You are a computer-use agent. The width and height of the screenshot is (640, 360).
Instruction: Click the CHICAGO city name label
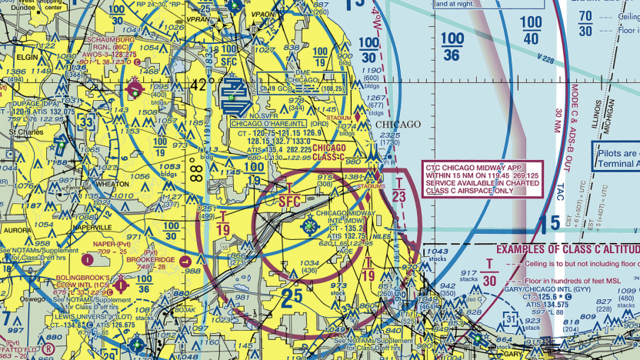click(398, 125)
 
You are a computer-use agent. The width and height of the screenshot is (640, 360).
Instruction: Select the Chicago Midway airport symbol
click(310, 225)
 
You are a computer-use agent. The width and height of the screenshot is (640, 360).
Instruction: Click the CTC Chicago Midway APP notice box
click(482, 178)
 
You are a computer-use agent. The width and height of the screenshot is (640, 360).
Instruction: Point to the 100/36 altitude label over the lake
click(452, 46)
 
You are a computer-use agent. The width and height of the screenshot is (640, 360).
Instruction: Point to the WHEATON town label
click(112, 185)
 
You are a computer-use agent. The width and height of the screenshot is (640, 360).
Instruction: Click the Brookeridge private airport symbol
click(186, 260)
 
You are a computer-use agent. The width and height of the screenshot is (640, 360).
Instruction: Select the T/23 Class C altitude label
click(398, 189)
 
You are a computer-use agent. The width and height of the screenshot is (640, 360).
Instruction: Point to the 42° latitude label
click(198, 85)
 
